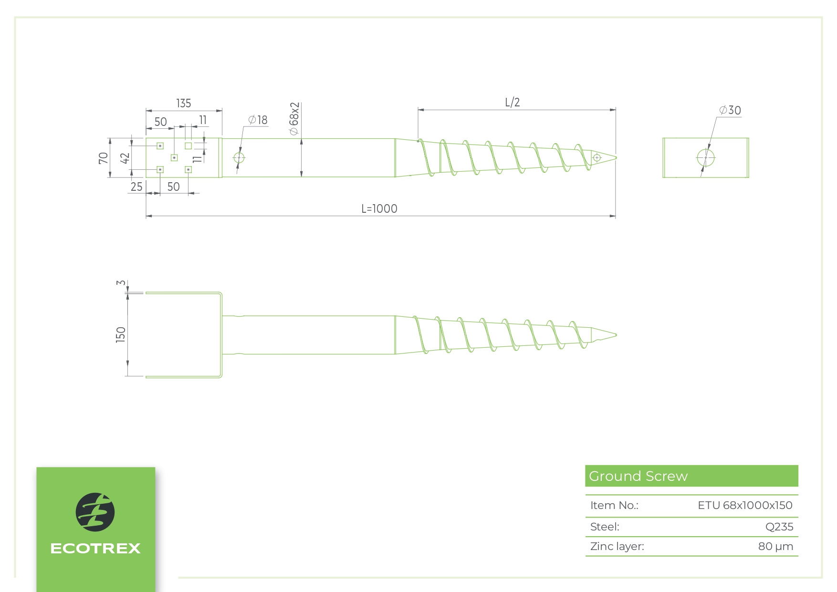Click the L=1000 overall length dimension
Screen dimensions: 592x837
(x=379, y=208)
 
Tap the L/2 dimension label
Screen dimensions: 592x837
(x=512, y=103)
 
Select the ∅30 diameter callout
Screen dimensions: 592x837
(x=730, y=111)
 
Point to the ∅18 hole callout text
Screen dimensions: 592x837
(x=258, y=120)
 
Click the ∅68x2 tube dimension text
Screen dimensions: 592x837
(x=294, y=119)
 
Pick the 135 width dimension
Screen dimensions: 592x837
(x=184, y=104)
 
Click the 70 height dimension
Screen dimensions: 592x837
(x=103, y=158)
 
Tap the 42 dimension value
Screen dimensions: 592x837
(x=125, y=158)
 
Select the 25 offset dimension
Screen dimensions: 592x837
(x=136, y=187)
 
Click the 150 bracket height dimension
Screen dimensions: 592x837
(x=121, y=334)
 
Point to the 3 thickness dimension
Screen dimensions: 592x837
(x=121, y=283)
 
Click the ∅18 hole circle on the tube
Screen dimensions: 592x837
(x=239, y=158)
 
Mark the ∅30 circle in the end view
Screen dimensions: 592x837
(x=706, y=157)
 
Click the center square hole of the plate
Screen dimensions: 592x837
(x=174, y=158)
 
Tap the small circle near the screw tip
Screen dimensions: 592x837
(x=596, y=157)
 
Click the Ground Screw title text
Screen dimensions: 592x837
(x=638, y=476)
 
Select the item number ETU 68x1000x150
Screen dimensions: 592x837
(x=744, y=505)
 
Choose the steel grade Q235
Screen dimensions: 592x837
(x=779, y=527)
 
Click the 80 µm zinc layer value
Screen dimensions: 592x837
(x=775, y=546)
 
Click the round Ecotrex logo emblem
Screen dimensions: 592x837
(x=95, y=512)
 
